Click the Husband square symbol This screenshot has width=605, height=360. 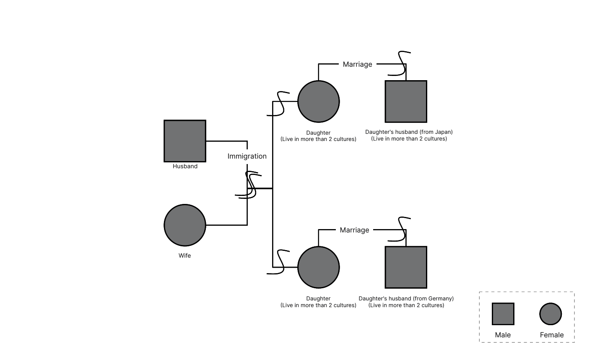(x=184, y=141)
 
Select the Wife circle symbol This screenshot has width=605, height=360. (x=184, y=225)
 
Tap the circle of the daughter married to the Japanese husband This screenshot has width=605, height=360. (x=318, y=102)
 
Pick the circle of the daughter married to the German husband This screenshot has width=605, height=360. (x=318, y=267)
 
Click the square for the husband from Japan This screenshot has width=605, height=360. (x=406, y=102)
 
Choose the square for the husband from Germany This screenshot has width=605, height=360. (x=406, y=267)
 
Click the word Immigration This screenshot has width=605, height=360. (x=247, y=157)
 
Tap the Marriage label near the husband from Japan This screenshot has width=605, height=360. (x=357, y=64)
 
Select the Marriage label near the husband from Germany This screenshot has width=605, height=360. (x=354, y=230)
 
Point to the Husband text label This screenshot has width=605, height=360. (x=185, y=166)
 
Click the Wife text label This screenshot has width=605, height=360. (x=184, y=256)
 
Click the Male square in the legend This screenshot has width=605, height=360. (x=503, y=314)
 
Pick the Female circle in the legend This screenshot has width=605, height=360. (x=550, y=314)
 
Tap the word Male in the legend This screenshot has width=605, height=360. (x=503, y=335)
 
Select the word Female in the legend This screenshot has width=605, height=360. (x=551, y=335)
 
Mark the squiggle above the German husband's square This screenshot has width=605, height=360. (x=400, y=229)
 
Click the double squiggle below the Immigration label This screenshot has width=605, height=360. (x=249, y=185)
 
